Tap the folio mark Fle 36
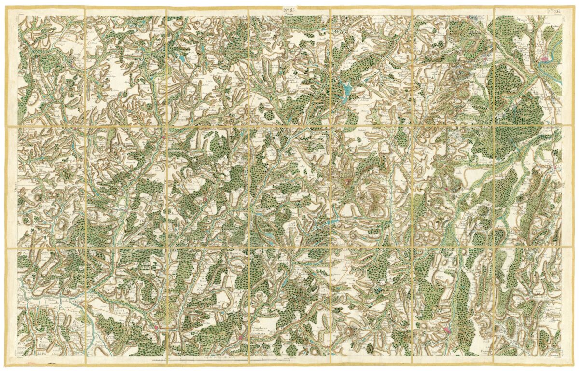553,11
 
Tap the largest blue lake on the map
347,89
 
